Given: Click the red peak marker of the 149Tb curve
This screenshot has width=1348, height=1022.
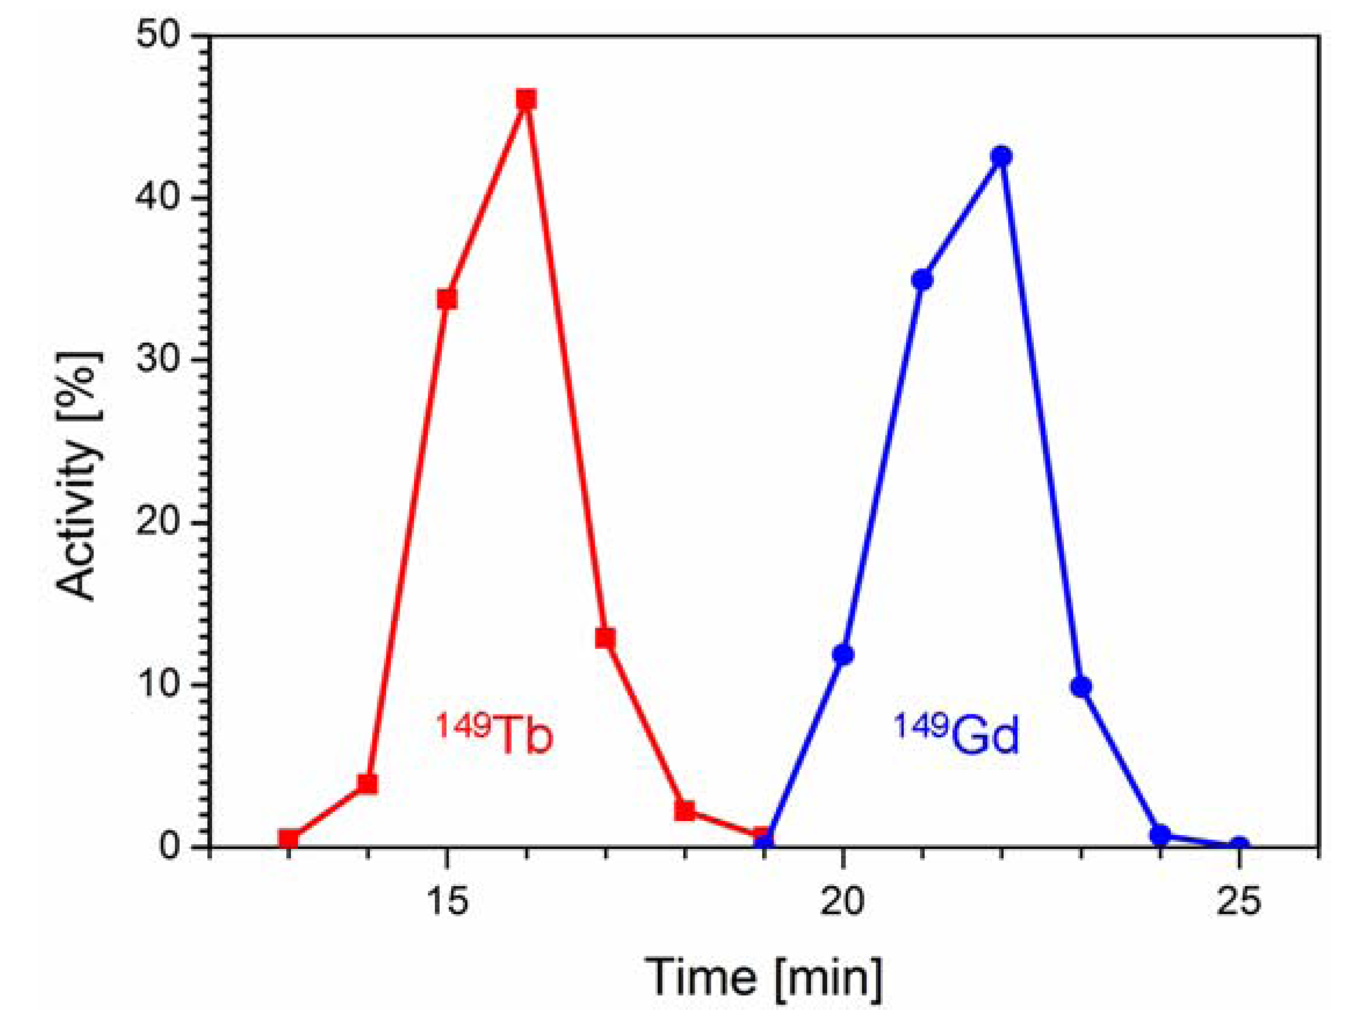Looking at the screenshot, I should (527, 99).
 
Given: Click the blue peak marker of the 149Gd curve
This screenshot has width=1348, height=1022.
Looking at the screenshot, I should (1001, 156).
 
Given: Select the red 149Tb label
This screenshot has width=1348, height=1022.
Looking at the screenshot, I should (494, 735).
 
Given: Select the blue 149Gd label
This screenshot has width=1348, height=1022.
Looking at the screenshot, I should (957, 735).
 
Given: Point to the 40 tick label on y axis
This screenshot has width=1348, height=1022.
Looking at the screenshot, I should (160, 199).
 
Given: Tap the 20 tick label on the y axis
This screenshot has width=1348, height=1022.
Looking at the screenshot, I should (160, 523).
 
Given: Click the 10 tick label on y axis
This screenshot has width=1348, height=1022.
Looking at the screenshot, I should (160, 685).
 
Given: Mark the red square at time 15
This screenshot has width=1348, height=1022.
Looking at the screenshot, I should (447, 298).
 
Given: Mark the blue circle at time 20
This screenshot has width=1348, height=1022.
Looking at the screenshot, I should (843, 654).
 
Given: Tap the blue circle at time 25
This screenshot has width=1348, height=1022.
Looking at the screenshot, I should (1238, 845).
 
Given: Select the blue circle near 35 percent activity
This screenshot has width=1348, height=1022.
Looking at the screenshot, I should (922, 280).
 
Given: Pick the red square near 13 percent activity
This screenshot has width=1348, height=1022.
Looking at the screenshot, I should (605, 638).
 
